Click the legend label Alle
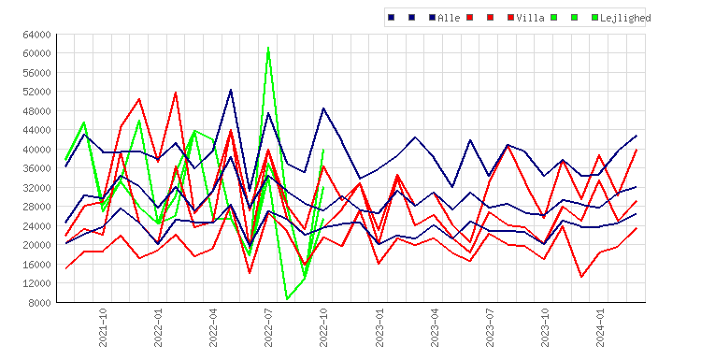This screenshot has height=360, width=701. (449, 18)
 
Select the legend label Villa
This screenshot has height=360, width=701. (530, 18)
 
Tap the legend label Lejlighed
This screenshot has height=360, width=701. (625, 18)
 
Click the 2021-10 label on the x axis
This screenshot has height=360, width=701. (103, 327)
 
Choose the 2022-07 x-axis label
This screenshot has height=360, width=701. (268, 327)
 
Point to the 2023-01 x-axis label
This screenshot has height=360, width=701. (379, 327)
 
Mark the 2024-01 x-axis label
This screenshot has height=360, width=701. (600, 327)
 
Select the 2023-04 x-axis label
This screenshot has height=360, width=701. (435, 327)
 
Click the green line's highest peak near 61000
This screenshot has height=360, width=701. (268, 48)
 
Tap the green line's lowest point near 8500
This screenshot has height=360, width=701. (287, 298)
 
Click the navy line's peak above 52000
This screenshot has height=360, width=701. (231, 90)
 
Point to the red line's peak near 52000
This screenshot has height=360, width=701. (176, 93)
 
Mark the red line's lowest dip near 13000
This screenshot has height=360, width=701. (581, 277)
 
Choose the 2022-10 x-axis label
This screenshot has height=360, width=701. (323, 327)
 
